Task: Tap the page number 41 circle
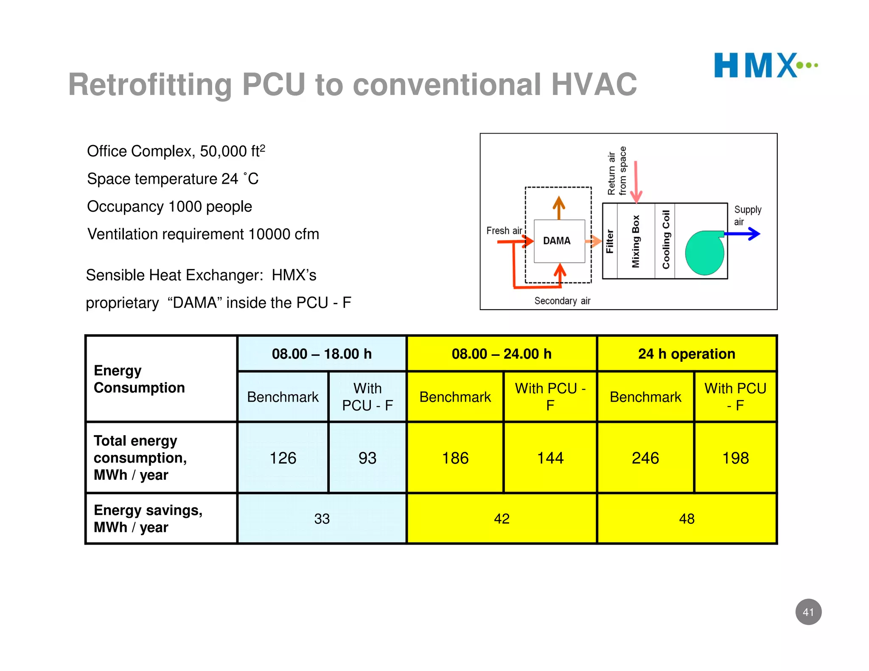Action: click(808, 612)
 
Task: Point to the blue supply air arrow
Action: click(743, 234)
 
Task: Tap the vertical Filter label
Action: click(610, 241)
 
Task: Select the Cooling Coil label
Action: click(666, 240)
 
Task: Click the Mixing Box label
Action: click(635, 241)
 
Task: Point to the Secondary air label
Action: click(562, 301)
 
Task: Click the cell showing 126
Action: click(283, 458)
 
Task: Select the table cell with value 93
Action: click(367, 458)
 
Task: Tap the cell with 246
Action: click(645, 458)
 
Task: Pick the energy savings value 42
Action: click(502, 519)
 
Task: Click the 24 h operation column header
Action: click(686, 354)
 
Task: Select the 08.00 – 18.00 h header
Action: click(322, 354)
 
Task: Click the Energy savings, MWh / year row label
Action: click(148, 518)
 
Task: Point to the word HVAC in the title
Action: click(594, 84)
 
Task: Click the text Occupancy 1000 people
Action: click(169, 207)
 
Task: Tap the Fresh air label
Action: click(504, 231)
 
